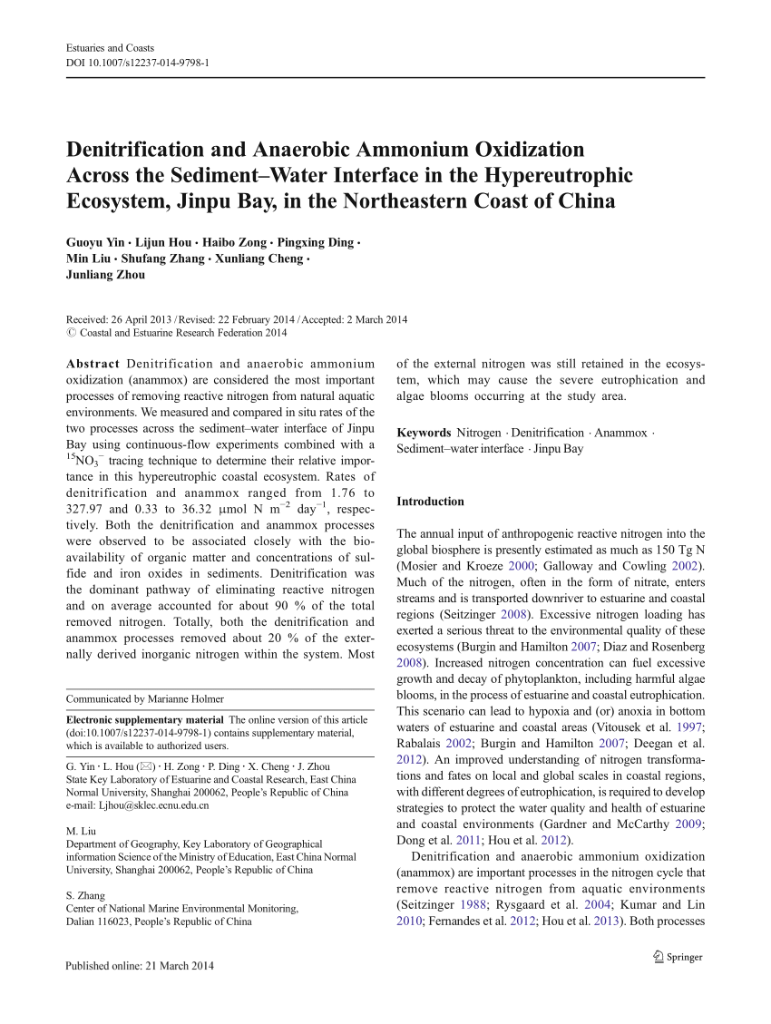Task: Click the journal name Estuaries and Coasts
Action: pyautogui.click(x=110, y=47)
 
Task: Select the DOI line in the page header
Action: pyautogui.click(x=138, y=63)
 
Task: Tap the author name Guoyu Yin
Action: pyautogui.click(x=94, y=243)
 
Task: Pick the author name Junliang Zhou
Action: pyautogui.click(x=105, y=275)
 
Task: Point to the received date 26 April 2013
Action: pyautogui.click(x=136, y=319)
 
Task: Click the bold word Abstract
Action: pyautogui.click(x=93, y=364)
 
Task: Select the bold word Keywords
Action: pyautogui.click(x=424, y=433)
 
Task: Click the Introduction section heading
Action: pyautogui.click(x=430, y=502)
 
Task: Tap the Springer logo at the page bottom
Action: pyautogui.click(x=678, y=956)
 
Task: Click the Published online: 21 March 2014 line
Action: pyautogui.click(x=140, y=966)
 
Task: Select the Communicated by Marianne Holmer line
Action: pyautogui.click(x=145, y=698)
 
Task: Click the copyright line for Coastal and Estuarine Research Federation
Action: pyautogui.click(x=177, y=333)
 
